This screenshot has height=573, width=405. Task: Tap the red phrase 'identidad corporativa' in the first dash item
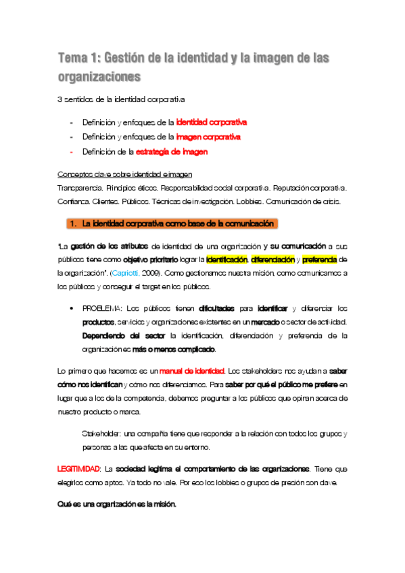(x=211, y=122)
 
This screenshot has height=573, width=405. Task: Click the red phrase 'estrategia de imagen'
(x=172, y=152)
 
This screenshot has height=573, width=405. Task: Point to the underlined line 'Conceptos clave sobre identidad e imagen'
(x=120, y=173)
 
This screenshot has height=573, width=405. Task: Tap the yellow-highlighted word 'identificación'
(x=227, y=259)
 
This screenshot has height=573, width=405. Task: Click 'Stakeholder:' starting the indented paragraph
(x=101, y=432)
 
